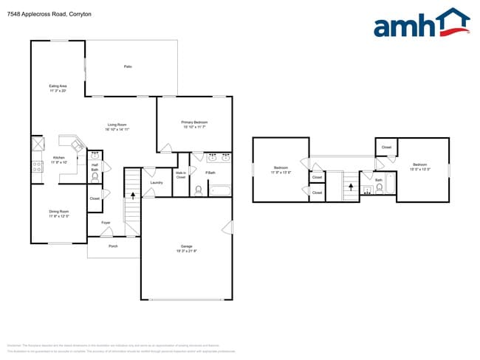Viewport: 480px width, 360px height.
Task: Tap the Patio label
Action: (128, 67)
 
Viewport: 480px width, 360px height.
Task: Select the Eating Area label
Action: (58, 88)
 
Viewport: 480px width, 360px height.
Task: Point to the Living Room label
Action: (118, 126)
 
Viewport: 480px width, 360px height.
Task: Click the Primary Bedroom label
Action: (195, 124)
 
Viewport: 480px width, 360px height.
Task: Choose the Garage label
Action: (187, 248)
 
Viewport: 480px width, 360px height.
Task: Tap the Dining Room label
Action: (59, 213)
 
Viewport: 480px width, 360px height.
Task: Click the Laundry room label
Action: (156, 182)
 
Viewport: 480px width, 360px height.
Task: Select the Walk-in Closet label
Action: (180, 176)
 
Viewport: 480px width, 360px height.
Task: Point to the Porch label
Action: (113, 246)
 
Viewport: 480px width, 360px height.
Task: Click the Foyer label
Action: (106, 222)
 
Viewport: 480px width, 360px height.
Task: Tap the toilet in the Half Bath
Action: (95, 177)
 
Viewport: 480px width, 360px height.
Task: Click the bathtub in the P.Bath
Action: (221, 190)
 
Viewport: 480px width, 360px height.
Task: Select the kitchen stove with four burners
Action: (36, 167)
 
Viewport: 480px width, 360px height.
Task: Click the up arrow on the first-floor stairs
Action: (134, 196)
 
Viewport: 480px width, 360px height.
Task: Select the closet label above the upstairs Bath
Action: (386, 148)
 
